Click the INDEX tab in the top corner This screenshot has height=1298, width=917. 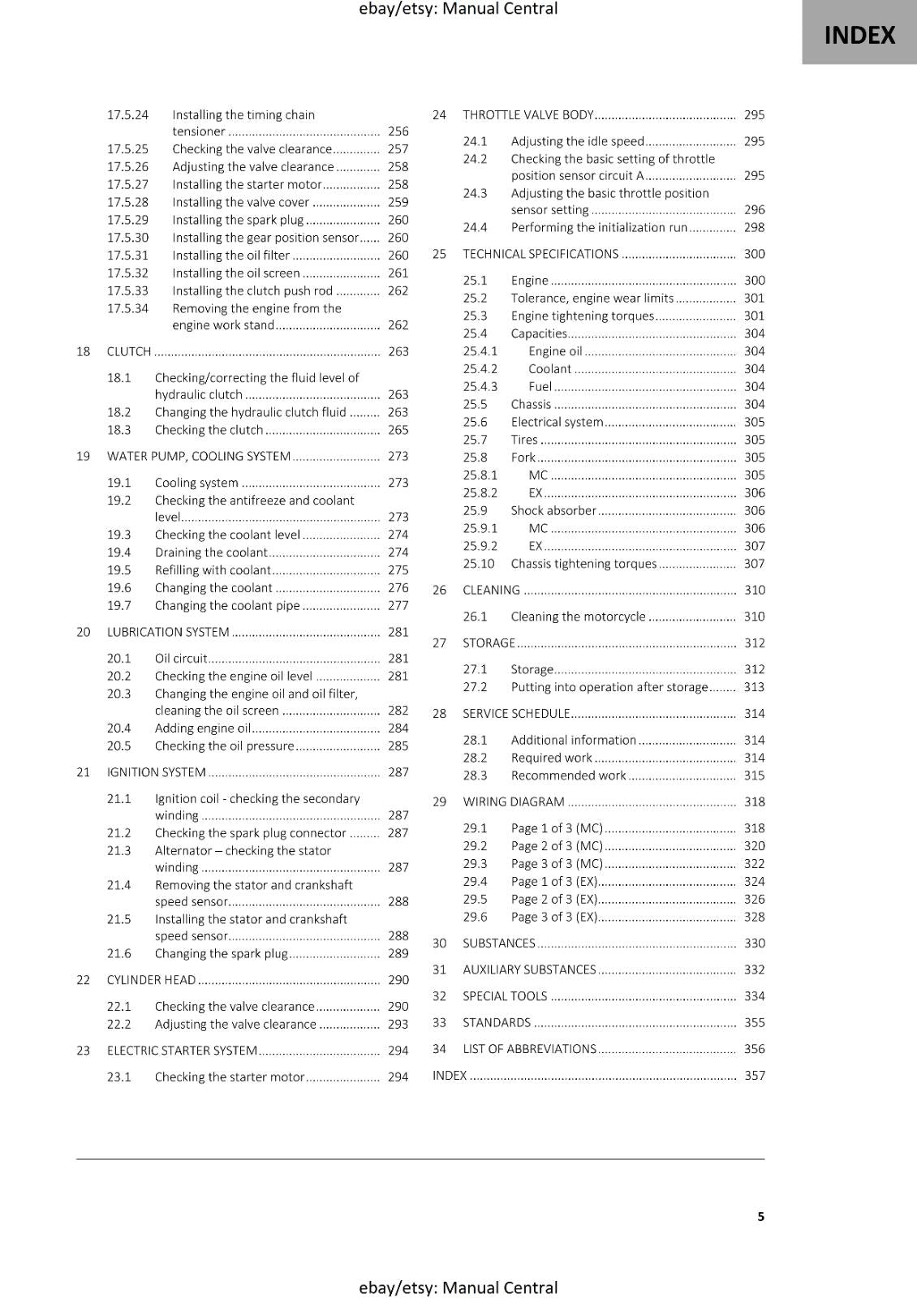point(859,35)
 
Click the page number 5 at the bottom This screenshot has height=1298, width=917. point(760,1216)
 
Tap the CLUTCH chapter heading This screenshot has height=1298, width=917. point(129,351)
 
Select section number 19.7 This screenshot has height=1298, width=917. point(118,605)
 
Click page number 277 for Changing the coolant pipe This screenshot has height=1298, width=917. point(398,605)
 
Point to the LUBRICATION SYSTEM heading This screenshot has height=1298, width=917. point(168,632)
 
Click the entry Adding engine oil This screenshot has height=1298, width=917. point(203,728)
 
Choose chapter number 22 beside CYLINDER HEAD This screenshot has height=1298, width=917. point(83,979)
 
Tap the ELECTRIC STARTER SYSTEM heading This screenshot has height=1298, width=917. point(182,1050)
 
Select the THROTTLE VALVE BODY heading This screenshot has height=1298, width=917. point(528,114)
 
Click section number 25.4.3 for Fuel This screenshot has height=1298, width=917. point(480,386)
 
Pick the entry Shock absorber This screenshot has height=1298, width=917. point(553,510)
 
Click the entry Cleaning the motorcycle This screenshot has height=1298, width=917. point(578,616)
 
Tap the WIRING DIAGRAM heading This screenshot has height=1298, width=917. point(514,802)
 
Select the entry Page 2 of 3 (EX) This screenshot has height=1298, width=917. point(554,899)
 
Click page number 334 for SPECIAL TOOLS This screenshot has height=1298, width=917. point(754,995)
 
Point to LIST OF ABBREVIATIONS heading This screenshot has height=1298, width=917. point(529,1048)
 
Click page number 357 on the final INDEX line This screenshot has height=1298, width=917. point(754,1075)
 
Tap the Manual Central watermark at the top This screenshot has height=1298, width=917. point(458,9)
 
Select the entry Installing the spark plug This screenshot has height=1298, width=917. point(238,219)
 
